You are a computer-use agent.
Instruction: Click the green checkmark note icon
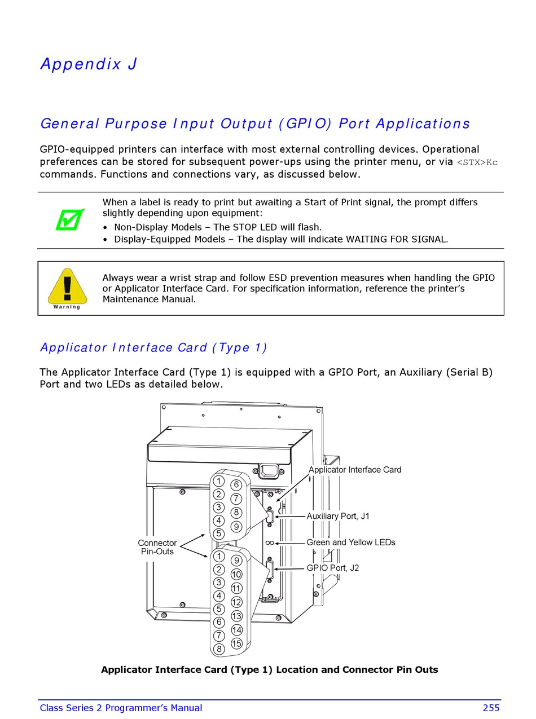pyautogui.click(x=70, y=219)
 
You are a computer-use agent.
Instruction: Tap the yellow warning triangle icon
pyautogui.click(x=67, y=287)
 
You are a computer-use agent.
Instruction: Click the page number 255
pyautogui.click(x=491, y=708)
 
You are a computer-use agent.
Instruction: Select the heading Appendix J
pyautogui.click(x=89, y=64)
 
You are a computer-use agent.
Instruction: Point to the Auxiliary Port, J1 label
pyautogui.click(x=338, y=516)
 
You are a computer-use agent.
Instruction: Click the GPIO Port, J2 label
pyautogui.click(x=332, y=568)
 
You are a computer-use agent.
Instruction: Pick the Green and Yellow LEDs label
pyautogui.click(x=350, y=542)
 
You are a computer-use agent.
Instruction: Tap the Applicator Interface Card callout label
pyautogui.click(x=355, y=470)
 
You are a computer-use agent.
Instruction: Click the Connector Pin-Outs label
pyautogui.click(x=157, y=547)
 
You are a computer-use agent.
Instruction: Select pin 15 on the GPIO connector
pyautogui.click(x=236, y=643)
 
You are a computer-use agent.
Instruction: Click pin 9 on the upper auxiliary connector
pyautogui.click(x=236, y=527)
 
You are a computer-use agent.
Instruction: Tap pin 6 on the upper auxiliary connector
pyautogui.click(x=236, y=485)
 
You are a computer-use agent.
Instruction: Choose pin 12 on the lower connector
pyautogui.click(x=236, y=602)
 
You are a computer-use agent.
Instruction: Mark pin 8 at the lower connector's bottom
pyautogui.click(x=219, y=649)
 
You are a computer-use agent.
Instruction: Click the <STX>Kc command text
pyautogui.click(x=477, y=162)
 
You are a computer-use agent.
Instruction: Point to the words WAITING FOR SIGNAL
pyautogui.click(x=396, y=239)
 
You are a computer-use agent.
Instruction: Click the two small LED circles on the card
pyautogui.click(x=270, y=543)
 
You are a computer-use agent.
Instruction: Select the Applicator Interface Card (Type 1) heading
pyautogui.click(x=153, y=347)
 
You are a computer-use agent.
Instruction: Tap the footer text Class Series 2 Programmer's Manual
pyautogui.click(x=121, y=708)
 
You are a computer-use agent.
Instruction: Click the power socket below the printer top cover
pyautogui.click(x=269, y=470)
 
